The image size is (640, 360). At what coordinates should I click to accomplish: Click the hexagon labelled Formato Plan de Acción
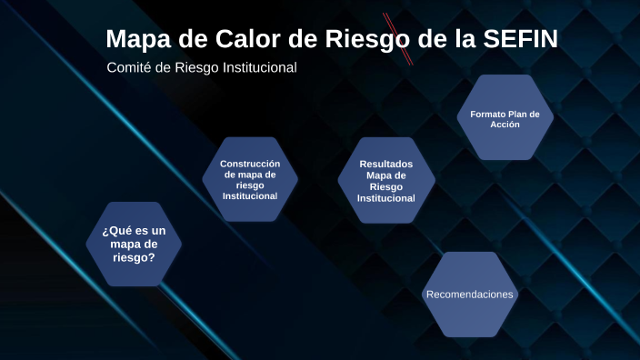(505, 118)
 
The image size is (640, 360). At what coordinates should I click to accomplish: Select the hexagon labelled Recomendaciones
(470, 295)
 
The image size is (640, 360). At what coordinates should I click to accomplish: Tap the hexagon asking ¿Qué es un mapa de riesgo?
(134, 244)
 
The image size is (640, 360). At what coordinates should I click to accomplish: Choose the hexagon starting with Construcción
(250, 179)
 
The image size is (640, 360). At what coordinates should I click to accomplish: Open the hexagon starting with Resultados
(386, 180)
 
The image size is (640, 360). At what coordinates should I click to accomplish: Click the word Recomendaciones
(470, 295)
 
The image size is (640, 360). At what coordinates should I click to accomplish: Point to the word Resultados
(386, 164)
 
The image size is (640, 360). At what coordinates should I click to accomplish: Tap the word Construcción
(250, 164)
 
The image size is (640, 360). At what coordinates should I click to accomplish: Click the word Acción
(505, 125)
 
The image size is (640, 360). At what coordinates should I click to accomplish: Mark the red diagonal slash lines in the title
(398, 38)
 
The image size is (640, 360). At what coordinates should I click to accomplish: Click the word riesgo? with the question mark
(134, 257)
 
